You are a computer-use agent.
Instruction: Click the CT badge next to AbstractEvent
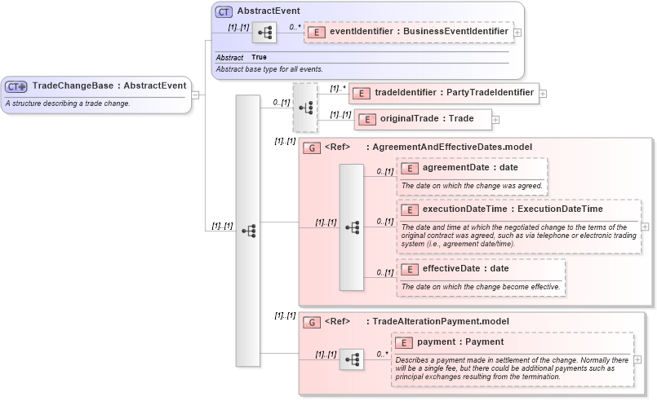(x=224, y=11)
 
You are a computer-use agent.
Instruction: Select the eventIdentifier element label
(x=419, y=32)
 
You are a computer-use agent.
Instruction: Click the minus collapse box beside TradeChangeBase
(x=195, y=94)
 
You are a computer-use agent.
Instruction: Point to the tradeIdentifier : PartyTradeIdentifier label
(x=454, y=93)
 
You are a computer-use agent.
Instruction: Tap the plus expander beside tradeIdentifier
(x=544, y=94)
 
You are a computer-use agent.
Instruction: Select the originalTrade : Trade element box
(x=423, y=119)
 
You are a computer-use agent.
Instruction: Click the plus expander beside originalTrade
(x=495, y=120)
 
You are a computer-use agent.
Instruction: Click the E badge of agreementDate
(x=410, y=168)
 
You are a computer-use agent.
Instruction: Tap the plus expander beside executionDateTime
(x=645, y=227)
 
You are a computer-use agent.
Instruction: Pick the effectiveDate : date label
(x=465, y=268)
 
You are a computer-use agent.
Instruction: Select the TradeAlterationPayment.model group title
(x=440, y=321)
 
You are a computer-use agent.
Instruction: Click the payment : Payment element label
(x=459, y=342)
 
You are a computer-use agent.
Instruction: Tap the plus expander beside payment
(x=637, y=359)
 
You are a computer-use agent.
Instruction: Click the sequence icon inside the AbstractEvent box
(x=264, y=33)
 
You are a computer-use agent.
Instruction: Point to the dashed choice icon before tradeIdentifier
(x=305, y=108)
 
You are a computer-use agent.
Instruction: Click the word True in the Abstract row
(x=259, y=57)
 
